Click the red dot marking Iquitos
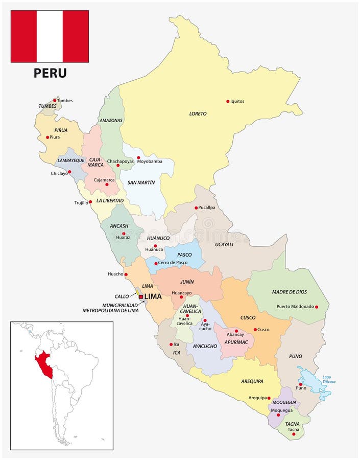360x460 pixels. pos(228,101)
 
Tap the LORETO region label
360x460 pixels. pos(198,113)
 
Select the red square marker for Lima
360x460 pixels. pos(141,296)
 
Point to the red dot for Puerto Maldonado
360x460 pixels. pos(317,307)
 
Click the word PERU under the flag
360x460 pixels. pos(50,73)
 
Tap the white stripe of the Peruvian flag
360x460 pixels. pos(50,36)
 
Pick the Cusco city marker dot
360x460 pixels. pos(255,329)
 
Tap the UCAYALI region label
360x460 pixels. pos(224,244)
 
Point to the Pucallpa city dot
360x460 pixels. pos(196,208)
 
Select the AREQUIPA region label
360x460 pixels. pos(252,381)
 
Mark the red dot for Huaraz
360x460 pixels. pos(123,234)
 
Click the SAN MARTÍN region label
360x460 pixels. pos(141,182)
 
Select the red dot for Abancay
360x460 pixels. pos(236,331)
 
